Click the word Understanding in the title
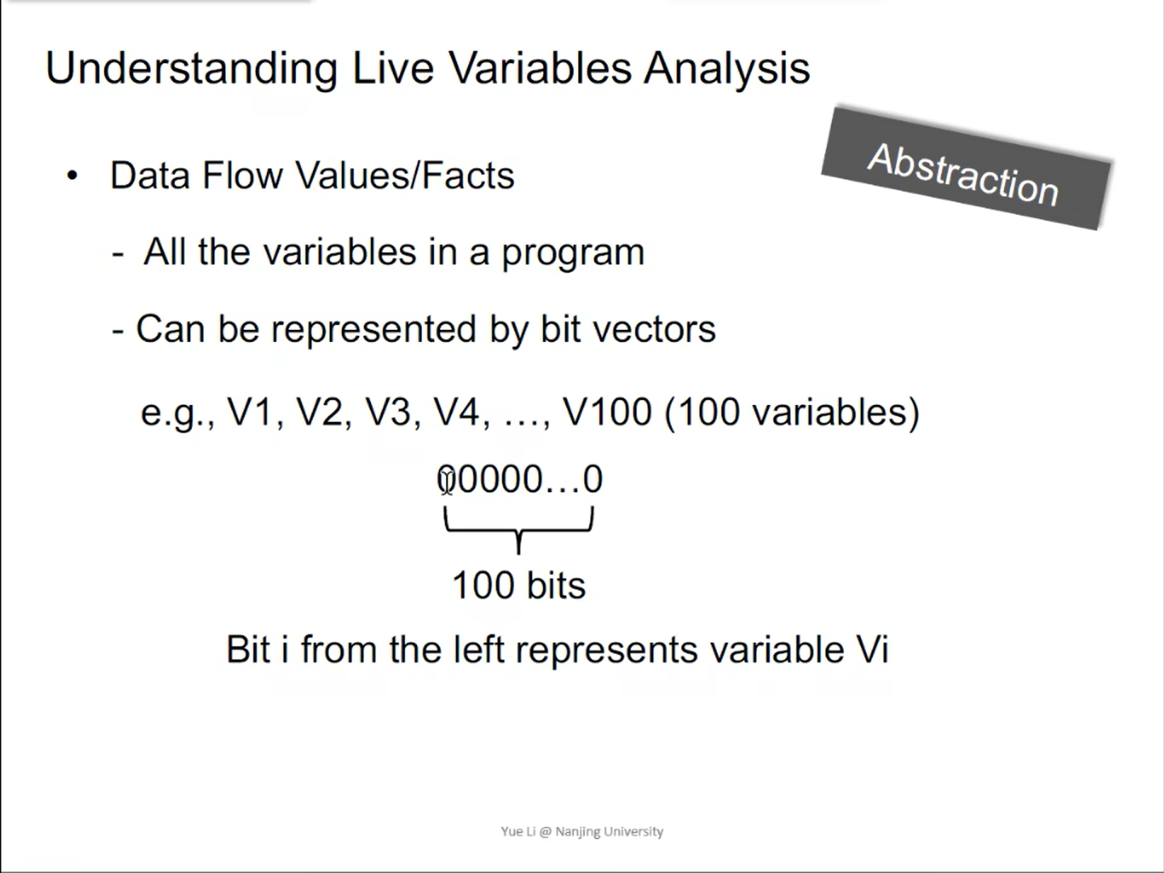click(192, 70)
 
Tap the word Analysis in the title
click(727, 70)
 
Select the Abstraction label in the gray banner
click(963, 175)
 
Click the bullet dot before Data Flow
click(72, 176)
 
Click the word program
click(573, 253)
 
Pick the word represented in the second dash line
click(373, 330)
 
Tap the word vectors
click(654, 330)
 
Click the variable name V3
click(388, 412)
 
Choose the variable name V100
click(607, 412)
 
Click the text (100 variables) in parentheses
click(791, 413)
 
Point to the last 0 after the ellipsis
click(593, 479)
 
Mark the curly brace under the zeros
click(519, 529)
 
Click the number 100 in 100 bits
click(483, 586)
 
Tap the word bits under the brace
click(556, 586)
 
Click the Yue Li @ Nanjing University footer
click(582, 832)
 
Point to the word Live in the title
click(393, 70)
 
